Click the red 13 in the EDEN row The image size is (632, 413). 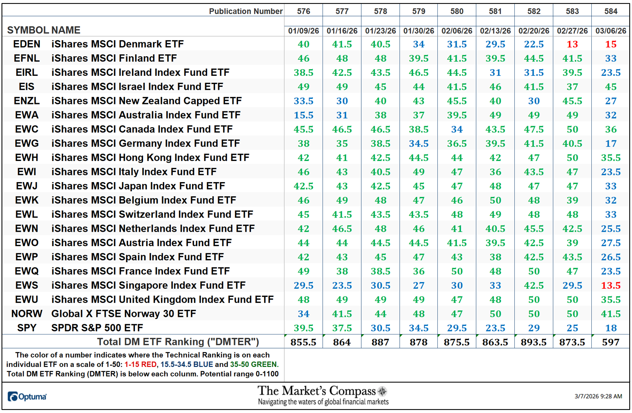pyautogui.click(x=572, y=44)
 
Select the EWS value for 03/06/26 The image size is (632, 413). pyautogui.click(x=611, y=286)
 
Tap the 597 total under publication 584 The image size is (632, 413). pyautogui.click(x=611, y=342)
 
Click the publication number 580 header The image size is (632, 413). pyautogui.click(x=457, y=11)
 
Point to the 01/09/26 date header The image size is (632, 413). pyautogui.click(x=303, y=30)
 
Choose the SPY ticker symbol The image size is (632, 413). pyautogui.click(x=27, y=328)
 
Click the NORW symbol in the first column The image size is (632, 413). pyautogui.click(x=27, y=314)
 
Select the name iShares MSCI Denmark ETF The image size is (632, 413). pyautogui.click(x=117, y=44)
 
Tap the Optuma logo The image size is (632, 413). pyautogui.click(x=27, y=397)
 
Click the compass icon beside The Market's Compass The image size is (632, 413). pyautogui.click(x=382, y=391)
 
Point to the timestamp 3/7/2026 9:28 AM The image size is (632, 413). pyautogui.click(x=598, y=396)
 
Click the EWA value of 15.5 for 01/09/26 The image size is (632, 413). pyautogui.click(x=303, y=115)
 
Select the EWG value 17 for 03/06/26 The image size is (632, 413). pyautogui.click(x=611, y=144)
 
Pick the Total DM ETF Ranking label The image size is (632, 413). pyautogui.click(x=178, y=342)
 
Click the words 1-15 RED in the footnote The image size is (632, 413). pyautogui.click(x=140, y=365)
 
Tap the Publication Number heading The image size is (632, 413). pyautogui.click(x=245, y=11)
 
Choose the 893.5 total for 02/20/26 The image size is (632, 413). pyautogui.click(x=534, y=342)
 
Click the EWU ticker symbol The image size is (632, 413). pyautogui.click(x=27, y=300)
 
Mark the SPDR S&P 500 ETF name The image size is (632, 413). pyautogui.click(x=97, y=328)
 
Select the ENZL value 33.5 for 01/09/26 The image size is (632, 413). pyautogui.click(x=303, y=101)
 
